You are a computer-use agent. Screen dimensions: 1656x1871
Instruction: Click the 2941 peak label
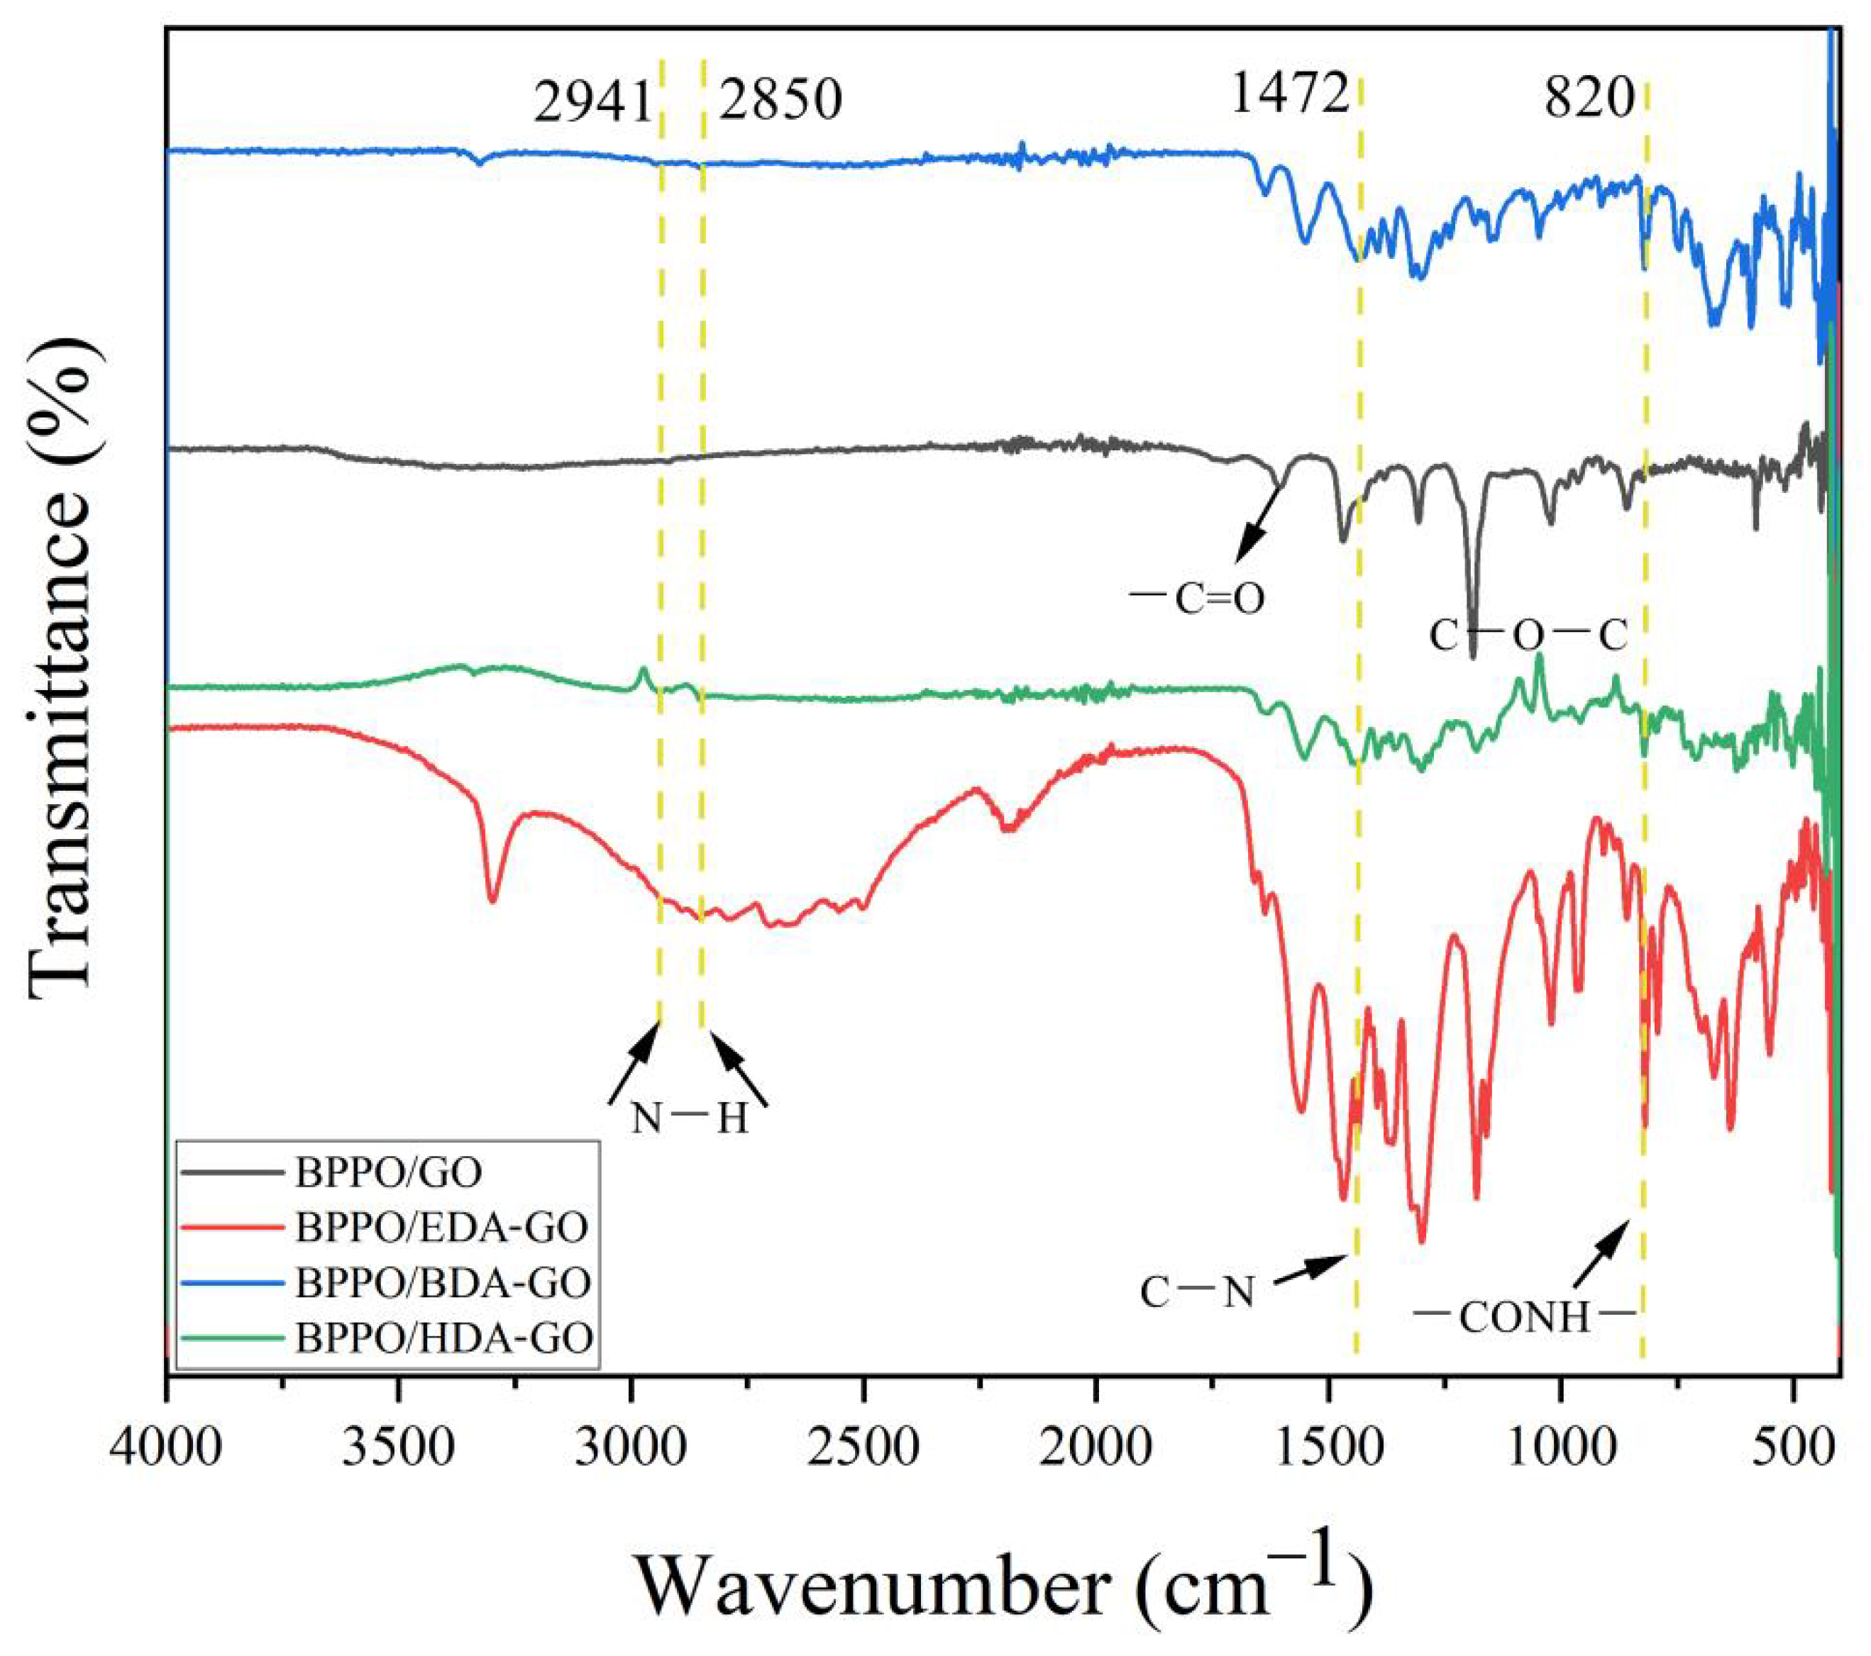[592, 101]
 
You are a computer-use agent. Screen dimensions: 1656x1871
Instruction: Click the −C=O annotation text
[1197, 599]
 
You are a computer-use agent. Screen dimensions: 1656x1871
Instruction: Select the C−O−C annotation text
[1528, 635]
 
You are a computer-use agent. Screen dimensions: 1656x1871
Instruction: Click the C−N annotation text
[1197, 1293]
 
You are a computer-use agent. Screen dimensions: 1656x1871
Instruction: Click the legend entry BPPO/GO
[388, 1172]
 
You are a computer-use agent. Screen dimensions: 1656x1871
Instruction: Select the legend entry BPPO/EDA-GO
[441, 1227]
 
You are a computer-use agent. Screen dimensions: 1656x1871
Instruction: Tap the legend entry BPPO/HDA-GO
[444, 1338]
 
